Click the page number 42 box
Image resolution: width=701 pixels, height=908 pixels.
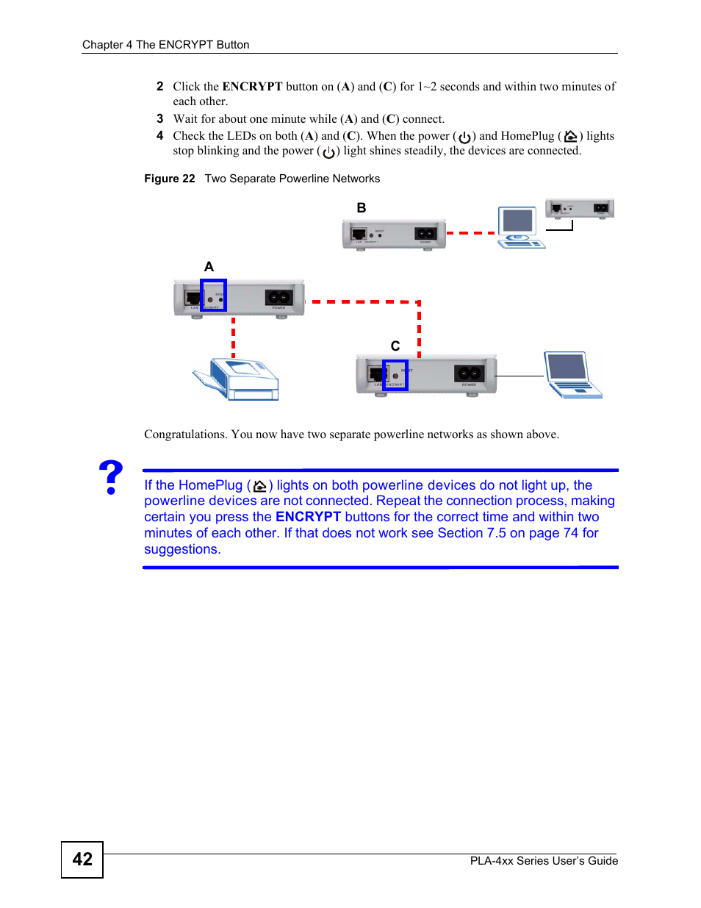coord(82,859)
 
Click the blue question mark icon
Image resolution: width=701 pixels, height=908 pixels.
coord(111,477)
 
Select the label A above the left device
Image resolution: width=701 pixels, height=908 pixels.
coord(209,267)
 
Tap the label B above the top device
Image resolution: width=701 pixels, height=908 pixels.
coord(361,208)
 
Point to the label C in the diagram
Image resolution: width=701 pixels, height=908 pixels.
coord(395,346)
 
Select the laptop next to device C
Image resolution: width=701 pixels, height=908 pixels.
coord(572,375)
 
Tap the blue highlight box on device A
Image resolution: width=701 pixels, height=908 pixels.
coord(213,295)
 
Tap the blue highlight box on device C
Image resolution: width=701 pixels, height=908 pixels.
coord(395,375)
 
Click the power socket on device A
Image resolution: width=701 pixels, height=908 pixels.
coord(278,297)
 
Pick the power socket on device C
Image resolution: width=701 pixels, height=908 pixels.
coord(469,373)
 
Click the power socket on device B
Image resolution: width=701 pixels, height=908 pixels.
coord(425,234)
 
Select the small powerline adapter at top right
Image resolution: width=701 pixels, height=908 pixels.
coord(579,209)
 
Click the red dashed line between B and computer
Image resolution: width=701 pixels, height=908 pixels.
coord(470,233)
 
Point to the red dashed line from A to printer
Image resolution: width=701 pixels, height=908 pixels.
coord(234,337)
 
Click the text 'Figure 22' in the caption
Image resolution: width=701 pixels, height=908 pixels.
coord(170,179)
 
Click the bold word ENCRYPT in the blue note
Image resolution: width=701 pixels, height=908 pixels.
coord(308,517)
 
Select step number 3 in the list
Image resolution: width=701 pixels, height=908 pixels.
coord(159,119)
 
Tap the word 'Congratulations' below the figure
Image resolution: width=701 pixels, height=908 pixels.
coord(185,435)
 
